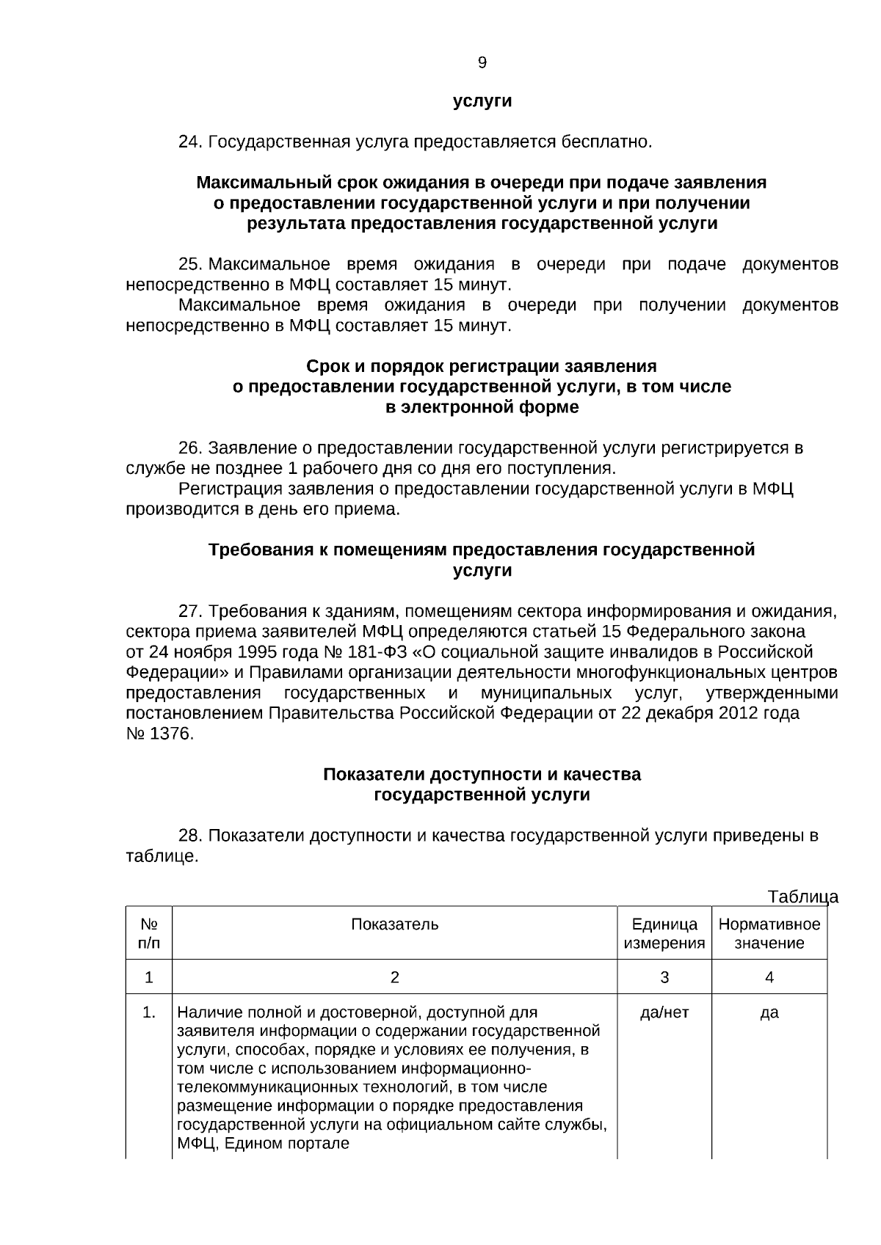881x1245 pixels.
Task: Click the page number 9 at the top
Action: [482, 63]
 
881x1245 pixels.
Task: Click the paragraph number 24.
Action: [190, 142]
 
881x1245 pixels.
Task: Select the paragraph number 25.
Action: [190, 264]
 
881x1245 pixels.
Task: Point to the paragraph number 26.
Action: [190, 448]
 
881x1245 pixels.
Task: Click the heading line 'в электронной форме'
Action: [482, 407]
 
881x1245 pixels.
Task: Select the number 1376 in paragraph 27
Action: [170, 734]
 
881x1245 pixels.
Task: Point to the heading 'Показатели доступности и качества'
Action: [482, 775]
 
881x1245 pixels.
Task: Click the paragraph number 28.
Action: [190, 836]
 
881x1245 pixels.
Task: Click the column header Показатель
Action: [394, 924]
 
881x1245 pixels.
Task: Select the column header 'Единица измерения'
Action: [664, 933]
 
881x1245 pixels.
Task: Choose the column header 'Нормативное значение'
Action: [769, 933]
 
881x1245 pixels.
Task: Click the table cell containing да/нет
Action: [664, 1013]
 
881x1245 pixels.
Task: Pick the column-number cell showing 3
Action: [664, 977]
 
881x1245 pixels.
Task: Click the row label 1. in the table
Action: [149, 1013]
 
